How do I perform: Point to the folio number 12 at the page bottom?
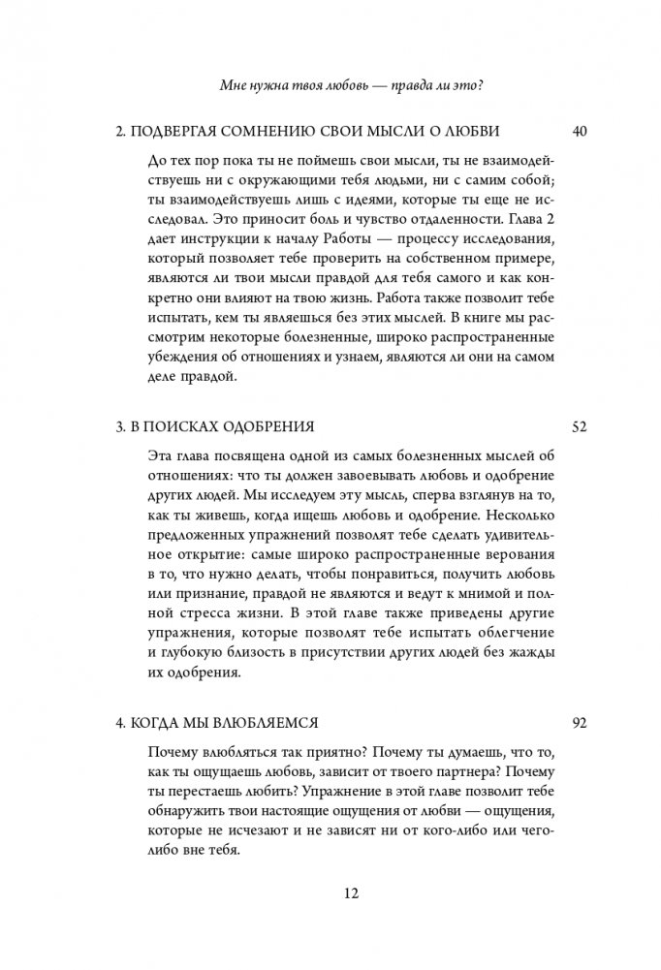330,894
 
